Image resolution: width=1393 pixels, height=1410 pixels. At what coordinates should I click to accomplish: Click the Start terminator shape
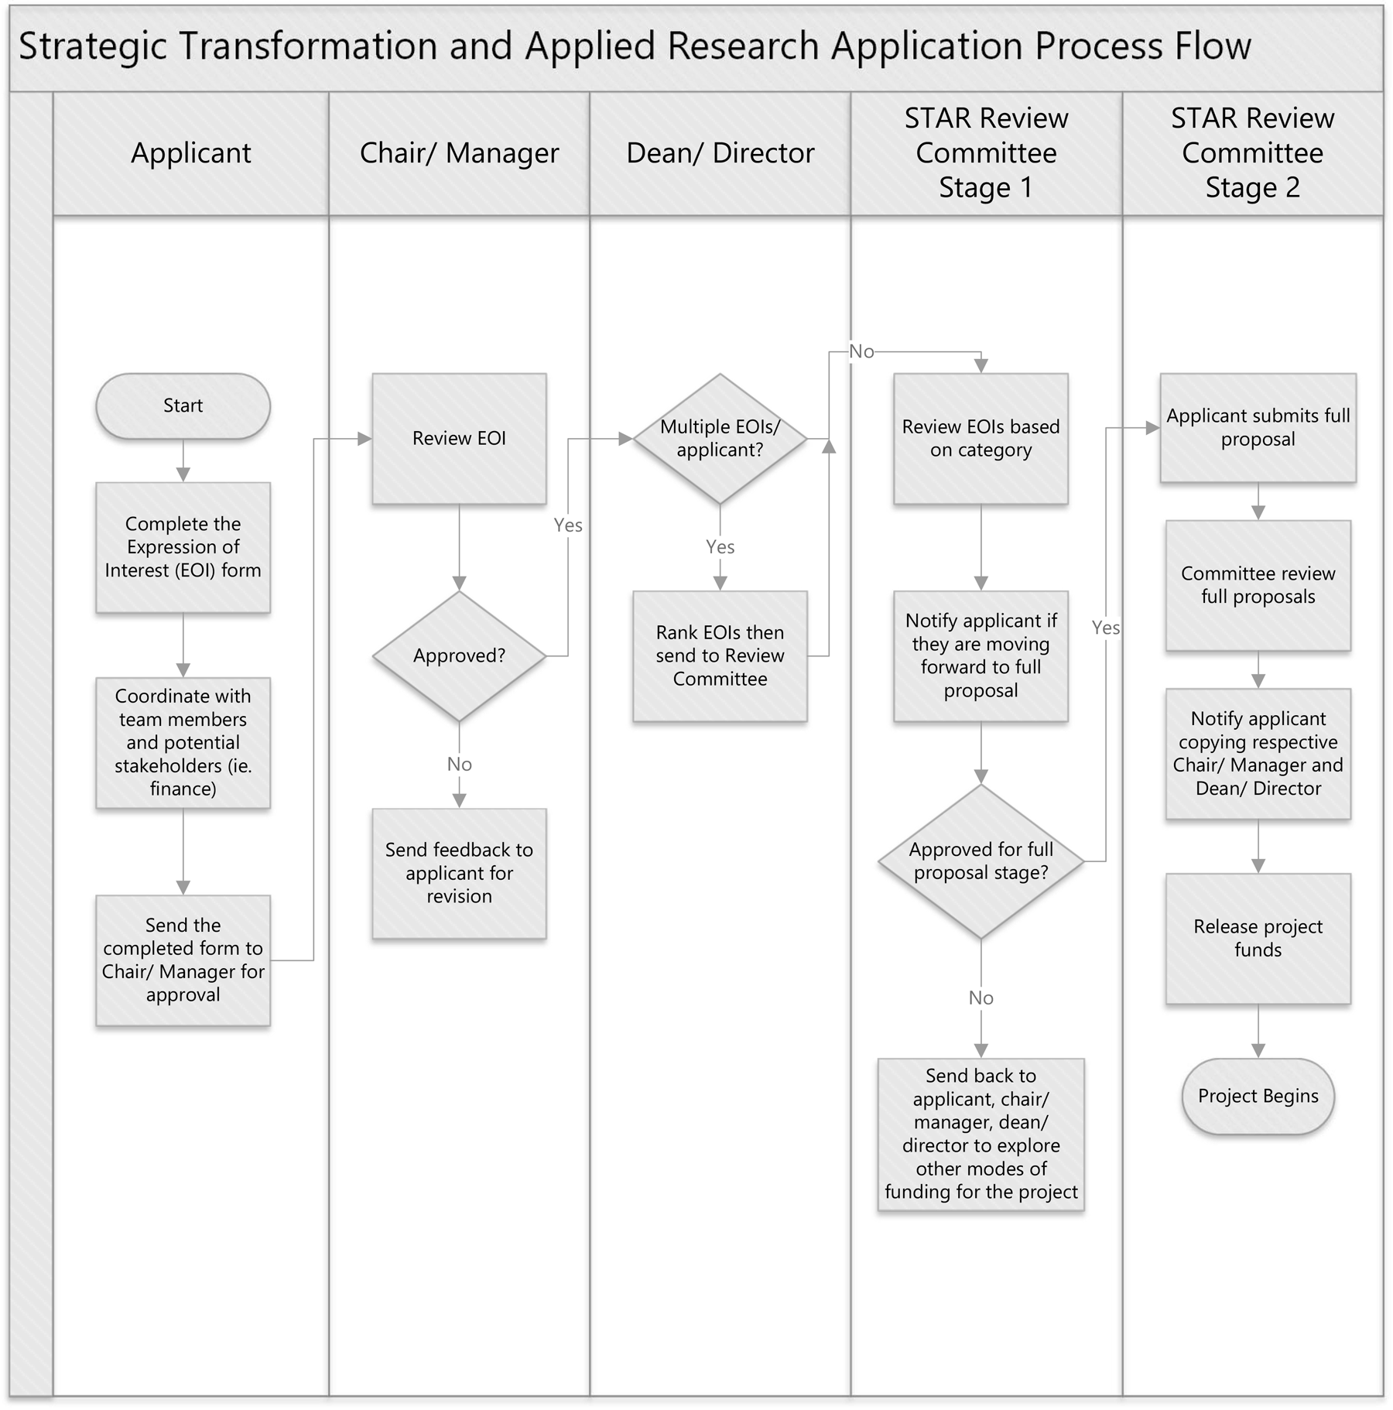(x=183, y=406)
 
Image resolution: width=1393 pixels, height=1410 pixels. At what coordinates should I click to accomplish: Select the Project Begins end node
(x=1258, y=1096)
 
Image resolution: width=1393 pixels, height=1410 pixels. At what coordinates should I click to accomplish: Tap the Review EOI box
(x=459, y=439)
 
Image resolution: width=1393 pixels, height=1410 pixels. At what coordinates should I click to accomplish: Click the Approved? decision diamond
(x=459, y=656)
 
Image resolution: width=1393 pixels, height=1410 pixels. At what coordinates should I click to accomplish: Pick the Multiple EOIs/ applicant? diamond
(x=720, y=439)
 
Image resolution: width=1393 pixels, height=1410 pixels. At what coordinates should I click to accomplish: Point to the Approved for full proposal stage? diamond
(x=981, y=861)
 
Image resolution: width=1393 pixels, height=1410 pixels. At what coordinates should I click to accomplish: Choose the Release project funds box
(x=1258, y=938)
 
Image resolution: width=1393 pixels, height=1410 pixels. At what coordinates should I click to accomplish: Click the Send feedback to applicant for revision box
(x=459, y=873)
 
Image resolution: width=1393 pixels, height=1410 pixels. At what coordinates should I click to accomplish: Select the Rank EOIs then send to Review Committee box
(x=720, y=656)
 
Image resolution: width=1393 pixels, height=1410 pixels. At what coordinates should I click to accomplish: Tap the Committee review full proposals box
(x=1258, y=585)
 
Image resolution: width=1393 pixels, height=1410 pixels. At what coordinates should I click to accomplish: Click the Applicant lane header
(x=191, y=153)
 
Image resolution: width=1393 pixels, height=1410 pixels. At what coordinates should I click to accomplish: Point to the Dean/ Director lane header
(x=720, y=153)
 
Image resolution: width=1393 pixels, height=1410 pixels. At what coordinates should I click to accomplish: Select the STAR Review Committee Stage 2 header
(x=1252, y=153)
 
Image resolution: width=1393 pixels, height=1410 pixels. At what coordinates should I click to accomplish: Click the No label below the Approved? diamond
(x=459, y=765)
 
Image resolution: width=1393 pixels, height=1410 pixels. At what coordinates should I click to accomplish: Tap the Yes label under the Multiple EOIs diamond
(x=720, y=547)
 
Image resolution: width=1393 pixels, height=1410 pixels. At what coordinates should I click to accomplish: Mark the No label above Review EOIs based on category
(x=861, y=352)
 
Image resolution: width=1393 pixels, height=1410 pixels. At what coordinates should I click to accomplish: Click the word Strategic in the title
(x=93, y=46)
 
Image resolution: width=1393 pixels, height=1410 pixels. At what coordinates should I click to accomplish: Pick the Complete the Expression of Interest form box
(x=183, y=547)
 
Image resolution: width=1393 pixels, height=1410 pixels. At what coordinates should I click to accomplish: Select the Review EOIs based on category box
(x=981, y=439)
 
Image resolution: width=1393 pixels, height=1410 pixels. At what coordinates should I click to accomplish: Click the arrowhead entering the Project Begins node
(x=1258, y=1051)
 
